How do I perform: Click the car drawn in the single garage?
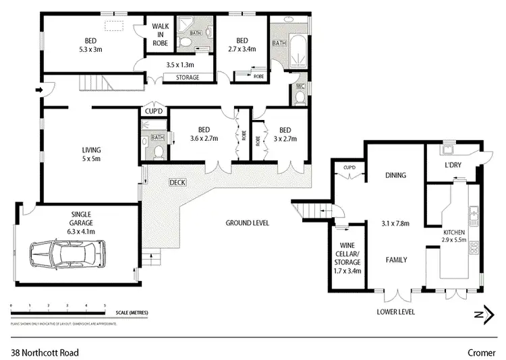coord(67,256)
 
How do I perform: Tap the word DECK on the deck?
coord(177,182)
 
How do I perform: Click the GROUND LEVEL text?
coord(247,222)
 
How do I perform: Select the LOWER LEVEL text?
coord(395,312)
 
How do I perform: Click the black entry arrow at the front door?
coord(39,89)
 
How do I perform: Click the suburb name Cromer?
coord(481,352)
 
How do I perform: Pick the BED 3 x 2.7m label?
coord(285,135)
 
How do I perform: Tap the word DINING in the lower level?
coord(395,175)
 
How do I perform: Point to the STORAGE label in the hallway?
coord(187,78)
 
